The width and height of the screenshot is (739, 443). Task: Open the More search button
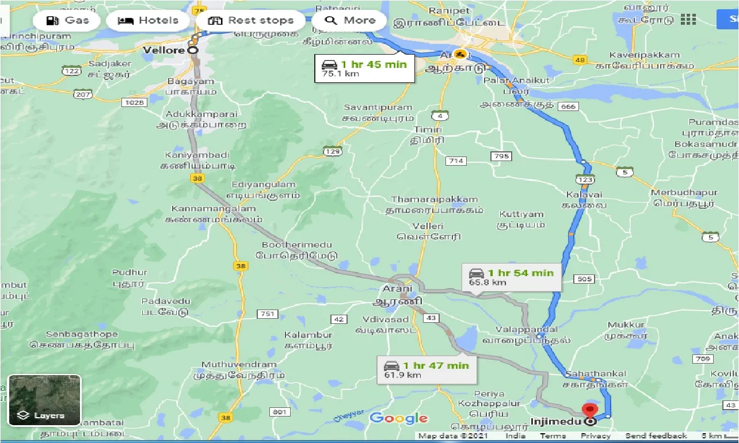(x=349, y=21)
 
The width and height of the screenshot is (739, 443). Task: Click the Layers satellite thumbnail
(x=44, y=400)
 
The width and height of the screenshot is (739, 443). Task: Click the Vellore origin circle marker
(x=192, y=51)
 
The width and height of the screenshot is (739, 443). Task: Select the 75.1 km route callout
(x=364, y=68)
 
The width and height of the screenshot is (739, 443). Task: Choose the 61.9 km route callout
(x=426, y=369)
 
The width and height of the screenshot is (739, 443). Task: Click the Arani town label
(x=398, y=288)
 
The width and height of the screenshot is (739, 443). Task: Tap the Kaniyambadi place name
(x=197, y=155)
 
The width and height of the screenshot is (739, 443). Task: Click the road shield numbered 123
(x=586, y=180)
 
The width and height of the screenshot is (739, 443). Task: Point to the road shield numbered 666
(x=567, y=107)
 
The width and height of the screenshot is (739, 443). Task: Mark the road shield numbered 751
(x=267, y=314)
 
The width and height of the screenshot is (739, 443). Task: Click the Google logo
(x=398, y=418)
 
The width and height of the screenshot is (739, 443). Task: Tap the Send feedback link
(x=656, y=436)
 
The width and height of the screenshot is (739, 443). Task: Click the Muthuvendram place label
(x=239, y=365)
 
